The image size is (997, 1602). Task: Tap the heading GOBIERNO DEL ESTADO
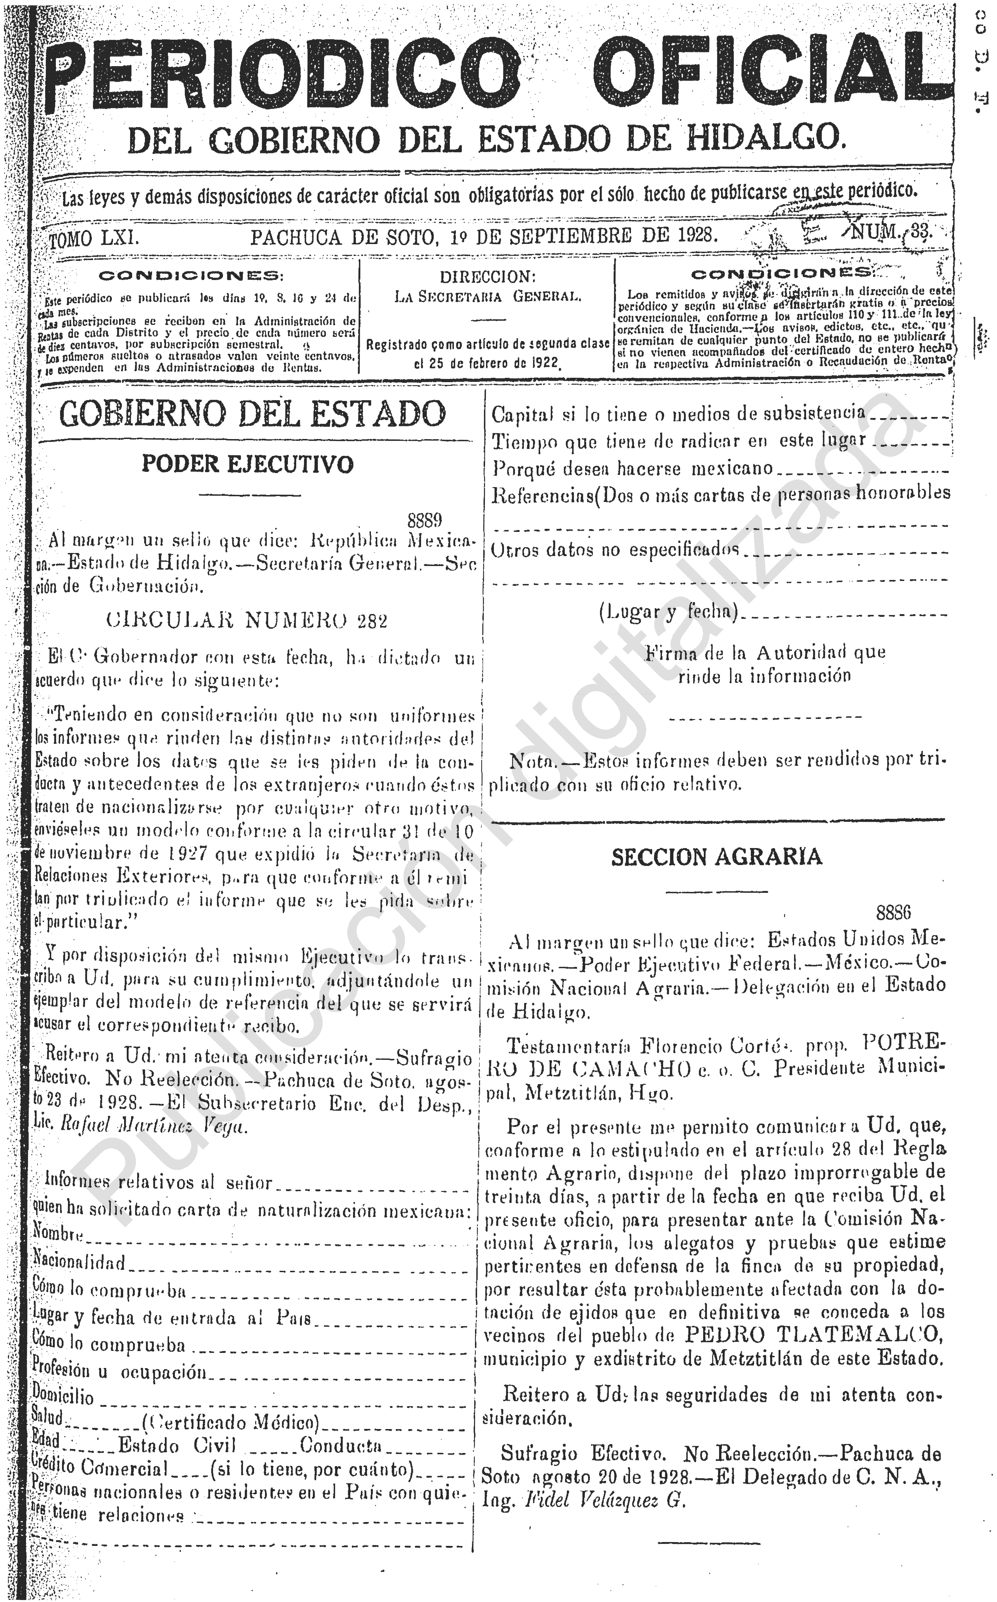(x=253, y=414)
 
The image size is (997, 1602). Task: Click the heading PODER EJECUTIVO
(x=248, y=464)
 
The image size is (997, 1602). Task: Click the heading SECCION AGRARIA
(x=717, y=857)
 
